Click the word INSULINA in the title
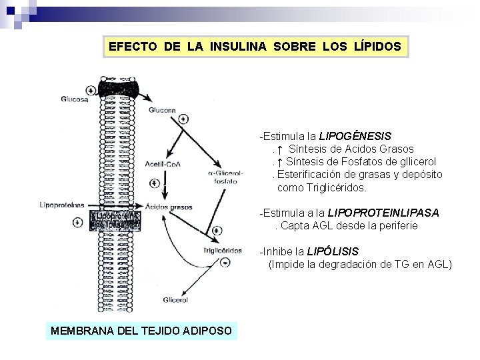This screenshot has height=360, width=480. pyautogui.click(x=239, y=47)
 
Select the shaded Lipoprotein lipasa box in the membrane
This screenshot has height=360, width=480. pyautogui.click(x=116, y=221)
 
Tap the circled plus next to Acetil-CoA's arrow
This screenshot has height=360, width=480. pyautogui.click(x=155, y=182)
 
